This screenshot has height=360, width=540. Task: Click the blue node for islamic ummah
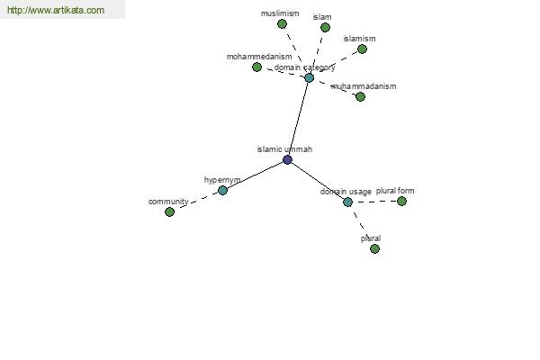pyautogui.click(x=287, y=159)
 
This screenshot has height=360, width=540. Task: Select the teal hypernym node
pyautogui.click(x=223, y=190)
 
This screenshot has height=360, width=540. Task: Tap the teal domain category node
pyautogui.click(x=310, y=77)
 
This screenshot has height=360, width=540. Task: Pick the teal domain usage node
pyautogui.click(x=347, y=202)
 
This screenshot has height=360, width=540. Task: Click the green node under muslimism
pyautogui.click(x=282, y=23)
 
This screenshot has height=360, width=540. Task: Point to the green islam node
pyautogui.click(x=325, y=27)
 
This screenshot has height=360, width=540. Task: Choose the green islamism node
pyautogui.click(x=362, y=49)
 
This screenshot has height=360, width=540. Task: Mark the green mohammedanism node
pyautogui.click(x=256, y=67)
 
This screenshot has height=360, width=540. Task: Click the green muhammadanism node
pyautogui.click(x=360, y=97)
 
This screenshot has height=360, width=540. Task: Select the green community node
pyautogui.click(x=169, y=211)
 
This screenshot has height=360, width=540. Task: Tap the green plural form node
pyautogui.click(x=401, y=201)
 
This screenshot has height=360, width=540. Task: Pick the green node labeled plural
pyautogui.click(x=374, y=248)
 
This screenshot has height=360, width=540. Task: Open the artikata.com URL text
pyautogui.click(x=56, y=10)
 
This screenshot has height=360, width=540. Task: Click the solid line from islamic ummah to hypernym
pyautogui.click(x=255, y=175)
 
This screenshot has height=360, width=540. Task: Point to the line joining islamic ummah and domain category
pyautogui.click(x=298, y=119)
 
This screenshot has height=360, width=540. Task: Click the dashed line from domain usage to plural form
pyautogui.click(x=374, y=202)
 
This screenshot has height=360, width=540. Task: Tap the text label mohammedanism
pyautogui.click(x=259, y=57)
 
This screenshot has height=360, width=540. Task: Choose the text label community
pyautogui.click(x=168, y=202)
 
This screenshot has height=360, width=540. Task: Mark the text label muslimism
pyautogui.click(x=280, y=13)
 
